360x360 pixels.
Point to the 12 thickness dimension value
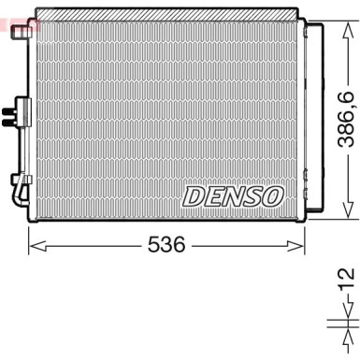[x=346, y=281]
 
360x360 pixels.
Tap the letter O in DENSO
[x=274, y=196]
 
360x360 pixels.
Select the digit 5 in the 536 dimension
[x=155, y=246]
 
